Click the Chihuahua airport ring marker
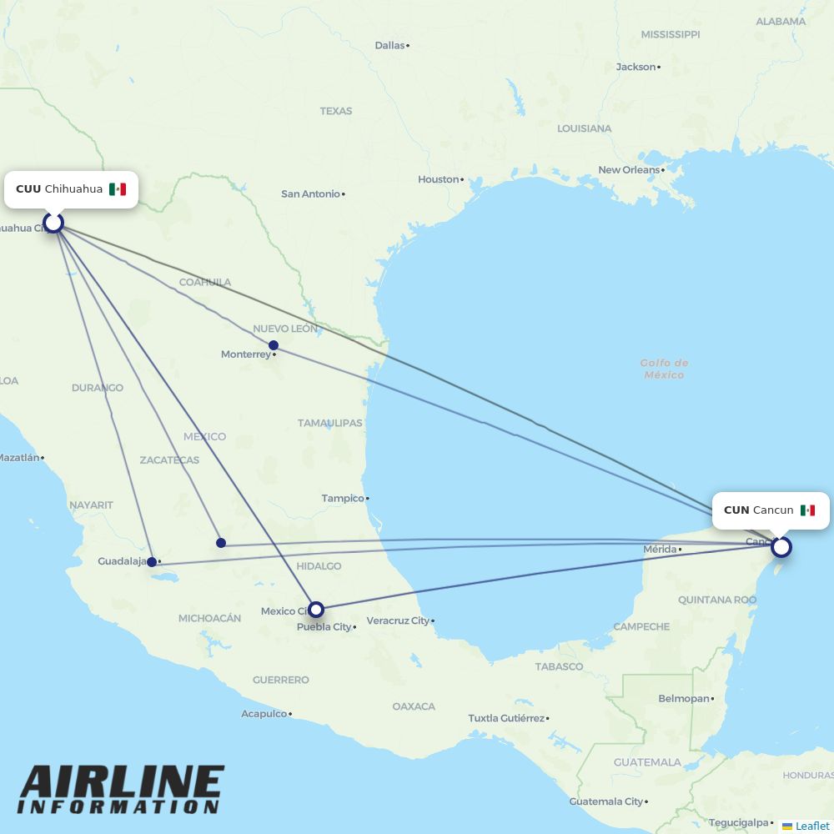coord(53,223)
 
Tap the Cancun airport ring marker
coord(781,547)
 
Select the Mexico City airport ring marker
coord(315,610)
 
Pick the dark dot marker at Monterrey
coord(274,345)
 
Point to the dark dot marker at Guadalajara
coord(152,562)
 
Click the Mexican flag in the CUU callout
coord(118,189)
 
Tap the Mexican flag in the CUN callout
coord(807,510)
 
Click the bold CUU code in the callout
coord(28,189)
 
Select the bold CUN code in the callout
coord(736,510)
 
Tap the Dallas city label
coord(389,45)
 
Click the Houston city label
coord(439,179)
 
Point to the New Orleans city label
coord(629,170)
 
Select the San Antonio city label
coord(311,194)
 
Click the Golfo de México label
coord(664,369)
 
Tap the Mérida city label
coord(660,549)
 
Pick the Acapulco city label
coord(264,714)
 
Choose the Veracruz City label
coord(398,620)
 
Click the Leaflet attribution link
coord(811,826)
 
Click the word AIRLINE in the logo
coord(122,783)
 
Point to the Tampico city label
coord(343,499)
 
